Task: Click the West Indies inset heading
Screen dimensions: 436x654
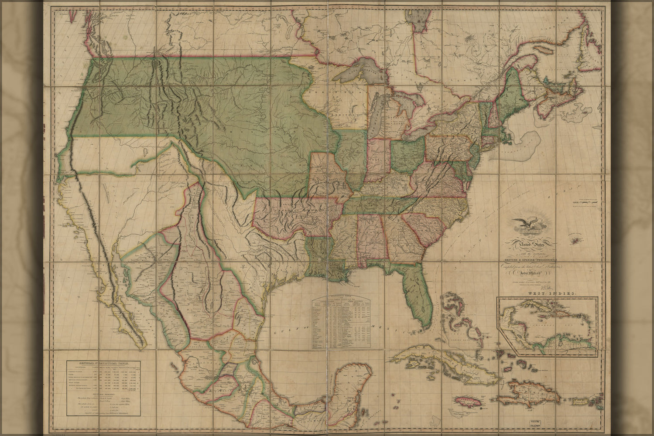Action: [x=550, y=295]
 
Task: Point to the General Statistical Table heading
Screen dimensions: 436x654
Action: [x=104, y=363]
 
